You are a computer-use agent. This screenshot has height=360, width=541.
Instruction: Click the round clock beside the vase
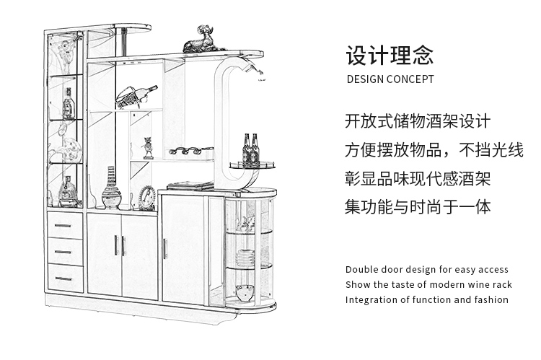pyautogui.click(x=147, y=198)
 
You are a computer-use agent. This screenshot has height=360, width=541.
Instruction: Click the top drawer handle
pyautogui.click(x=63, y=226)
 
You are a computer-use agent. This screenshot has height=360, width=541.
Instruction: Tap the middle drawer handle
pyautogui.click(x=63, y=253)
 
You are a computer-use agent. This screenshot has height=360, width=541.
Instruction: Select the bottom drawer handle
pyautogui.click(x=63, y=278)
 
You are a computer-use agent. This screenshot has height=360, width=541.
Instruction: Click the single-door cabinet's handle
pyautogui.click(x=165, y=248)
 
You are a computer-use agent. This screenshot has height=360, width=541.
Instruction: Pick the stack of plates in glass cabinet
pyautogui.click(x=245, y=258)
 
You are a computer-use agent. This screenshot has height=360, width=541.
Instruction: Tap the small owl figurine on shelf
pyautogui.click(x=149, y=148)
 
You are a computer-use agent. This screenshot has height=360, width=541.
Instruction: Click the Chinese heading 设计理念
pyautogui.click(x=390, y=56)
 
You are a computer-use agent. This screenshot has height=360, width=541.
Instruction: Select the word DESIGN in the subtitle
pyautogui.click(x=365, y=79)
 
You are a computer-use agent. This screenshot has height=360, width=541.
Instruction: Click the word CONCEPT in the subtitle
pyautogui.click(x=410, y=79)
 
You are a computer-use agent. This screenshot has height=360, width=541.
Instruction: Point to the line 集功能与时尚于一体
pyautogui.click(x=418, y=207)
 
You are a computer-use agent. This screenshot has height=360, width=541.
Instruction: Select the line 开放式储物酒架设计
pyautogui.click(x=418, y=121)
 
